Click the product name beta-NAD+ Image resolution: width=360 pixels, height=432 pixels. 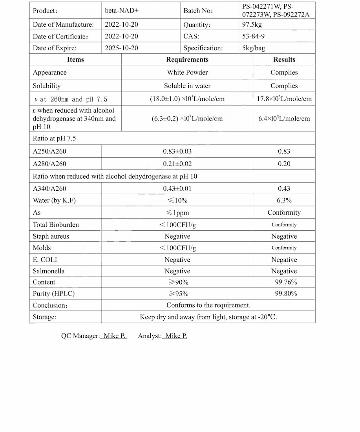point(121,11)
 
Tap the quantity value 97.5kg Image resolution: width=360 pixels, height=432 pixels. point(252,25)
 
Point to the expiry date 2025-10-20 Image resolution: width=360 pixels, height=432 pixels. point(121,48)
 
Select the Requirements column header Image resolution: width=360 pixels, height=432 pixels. point(187,60)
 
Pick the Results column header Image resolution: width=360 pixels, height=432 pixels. point(284,60)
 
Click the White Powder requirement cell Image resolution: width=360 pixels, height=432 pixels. point(187,73)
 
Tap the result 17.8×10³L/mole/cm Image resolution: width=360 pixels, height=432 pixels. point(284,99)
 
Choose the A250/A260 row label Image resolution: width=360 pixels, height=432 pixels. point(49,151)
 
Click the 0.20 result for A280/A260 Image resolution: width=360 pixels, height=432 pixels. point(284,164)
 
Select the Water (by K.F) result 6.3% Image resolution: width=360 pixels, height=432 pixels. point(284,201)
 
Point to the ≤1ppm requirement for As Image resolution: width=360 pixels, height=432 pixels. point(177,213)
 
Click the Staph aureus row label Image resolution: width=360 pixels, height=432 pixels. point(51,237)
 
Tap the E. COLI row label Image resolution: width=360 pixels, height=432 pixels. point(45,260)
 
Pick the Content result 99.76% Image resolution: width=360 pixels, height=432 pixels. point(285,282)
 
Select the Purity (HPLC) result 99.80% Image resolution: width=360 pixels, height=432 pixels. point(285,293)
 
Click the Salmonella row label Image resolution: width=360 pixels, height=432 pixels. point(49,271)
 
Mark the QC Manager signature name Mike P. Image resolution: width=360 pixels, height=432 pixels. point(114,336)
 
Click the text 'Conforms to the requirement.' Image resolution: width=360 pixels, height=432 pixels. point(208,305)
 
